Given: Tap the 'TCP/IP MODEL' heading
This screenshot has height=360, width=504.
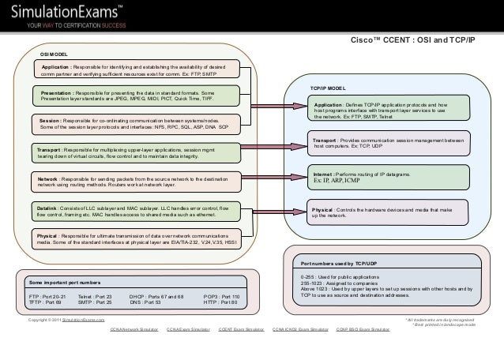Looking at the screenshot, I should (x=327, y=88).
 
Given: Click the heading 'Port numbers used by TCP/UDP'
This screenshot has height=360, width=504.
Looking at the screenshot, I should (x=336, y=263).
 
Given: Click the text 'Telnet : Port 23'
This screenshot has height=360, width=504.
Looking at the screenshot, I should (x=95, y=295).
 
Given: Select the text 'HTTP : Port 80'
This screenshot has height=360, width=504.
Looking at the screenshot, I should (x=220, y=302).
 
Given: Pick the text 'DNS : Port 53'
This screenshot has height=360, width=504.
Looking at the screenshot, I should (x=145, y=302).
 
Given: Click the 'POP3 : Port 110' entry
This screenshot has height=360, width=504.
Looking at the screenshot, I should (x=221, y=295).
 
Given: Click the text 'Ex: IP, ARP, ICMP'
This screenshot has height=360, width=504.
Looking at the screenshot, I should (x=337, y=180).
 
